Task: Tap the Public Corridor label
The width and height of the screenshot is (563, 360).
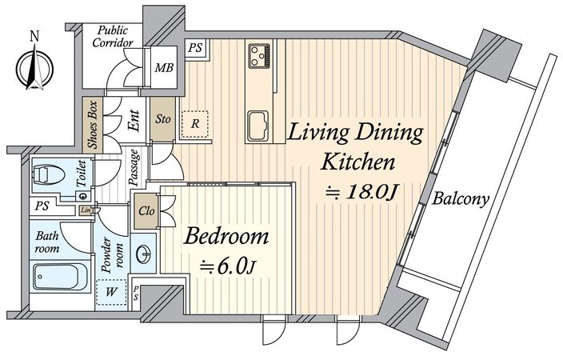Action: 113,36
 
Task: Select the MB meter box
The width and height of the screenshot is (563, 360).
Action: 164,67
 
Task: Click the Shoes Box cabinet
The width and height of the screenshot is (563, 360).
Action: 93,124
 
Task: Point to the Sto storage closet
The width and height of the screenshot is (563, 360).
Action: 162,119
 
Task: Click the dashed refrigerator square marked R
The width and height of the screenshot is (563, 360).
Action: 195,124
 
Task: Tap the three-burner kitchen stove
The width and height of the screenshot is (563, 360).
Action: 259,56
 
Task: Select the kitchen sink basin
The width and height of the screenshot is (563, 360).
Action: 258,126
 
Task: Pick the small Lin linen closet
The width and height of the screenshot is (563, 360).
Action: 86,210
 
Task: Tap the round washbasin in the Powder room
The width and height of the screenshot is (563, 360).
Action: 144,254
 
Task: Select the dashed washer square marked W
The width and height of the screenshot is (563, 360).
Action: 111,292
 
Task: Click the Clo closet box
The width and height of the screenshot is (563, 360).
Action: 146,211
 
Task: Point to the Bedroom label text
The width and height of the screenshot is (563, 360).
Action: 226,237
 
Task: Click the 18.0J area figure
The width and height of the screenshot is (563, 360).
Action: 371,192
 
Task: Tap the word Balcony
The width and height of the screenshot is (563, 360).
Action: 461,198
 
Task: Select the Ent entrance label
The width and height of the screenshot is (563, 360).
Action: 134,120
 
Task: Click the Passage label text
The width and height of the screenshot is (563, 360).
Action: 134,167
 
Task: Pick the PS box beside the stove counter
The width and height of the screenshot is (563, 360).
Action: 195,48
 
